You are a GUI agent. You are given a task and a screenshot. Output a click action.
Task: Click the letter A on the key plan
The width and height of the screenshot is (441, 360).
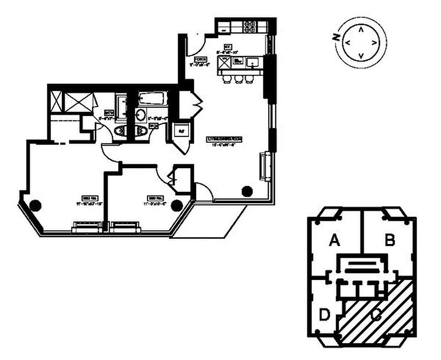coord(334,242)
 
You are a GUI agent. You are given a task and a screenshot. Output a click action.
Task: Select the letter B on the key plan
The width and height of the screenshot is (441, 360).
coord(390,241)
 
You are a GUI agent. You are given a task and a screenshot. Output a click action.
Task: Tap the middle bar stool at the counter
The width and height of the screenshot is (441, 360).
coord(238,79)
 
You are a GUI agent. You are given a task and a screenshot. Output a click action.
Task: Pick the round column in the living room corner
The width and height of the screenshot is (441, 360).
coord(247,191)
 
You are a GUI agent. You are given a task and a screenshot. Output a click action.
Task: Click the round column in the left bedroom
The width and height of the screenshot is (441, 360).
coord(35,206)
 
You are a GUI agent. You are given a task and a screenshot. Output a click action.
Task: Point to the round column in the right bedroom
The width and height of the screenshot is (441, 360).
coord(177,205)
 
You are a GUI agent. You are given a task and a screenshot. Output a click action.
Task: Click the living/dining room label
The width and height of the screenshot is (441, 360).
coord(225,140)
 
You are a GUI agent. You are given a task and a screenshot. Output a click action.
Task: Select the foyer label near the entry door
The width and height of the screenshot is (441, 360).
coord(201,61)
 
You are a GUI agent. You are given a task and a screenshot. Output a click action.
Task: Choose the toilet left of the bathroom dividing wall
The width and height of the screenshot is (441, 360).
coord(121,131)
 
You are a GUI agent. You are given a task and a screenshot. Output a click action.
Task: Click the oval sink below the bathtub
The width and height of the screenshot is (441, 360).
coord(140,114)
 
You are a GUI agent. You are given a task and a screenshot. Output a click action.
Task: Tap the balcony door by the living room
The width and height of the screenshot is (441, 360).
coord(203,192)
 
